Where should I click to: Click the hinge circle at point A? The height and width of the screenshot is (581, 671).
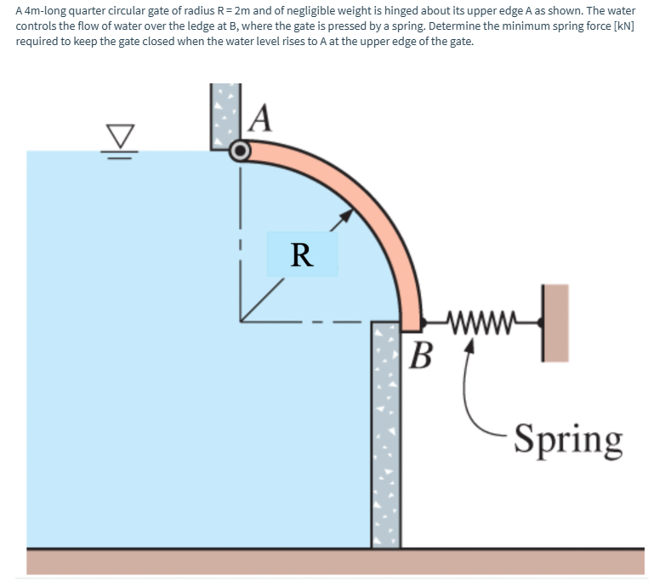[241, 151]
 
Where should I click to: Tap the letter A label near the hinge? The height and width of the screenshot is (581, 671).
[262, 117]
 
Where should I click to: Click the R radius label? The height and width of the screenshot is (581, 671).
[301, 254]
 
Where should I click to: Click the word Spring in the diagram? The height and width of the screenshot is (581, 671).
[568, 439]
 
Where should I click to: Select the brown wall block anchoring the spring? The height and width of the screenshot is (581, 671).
[554, 322]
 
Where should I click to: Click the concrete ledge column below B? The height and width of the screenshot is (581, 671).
[385, 434]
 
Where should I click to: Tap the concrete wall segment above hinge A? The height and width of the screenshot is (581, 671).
[224, 115]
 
